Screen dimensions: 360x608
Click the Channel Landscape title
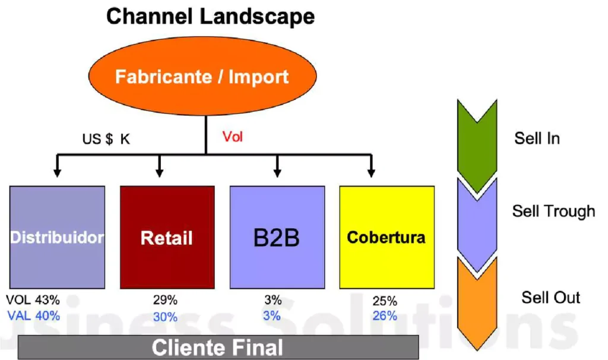210,16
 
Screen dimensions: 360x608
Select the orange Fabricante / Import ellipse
202,77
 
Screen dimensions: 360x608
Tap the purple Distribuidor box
57,237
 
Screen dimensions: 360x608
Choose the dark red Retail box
167,237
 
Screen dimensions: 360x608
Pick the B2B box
277,237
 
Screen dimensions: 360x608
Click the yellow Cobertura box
386,237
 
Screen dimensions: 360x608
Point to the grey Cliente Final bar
218,347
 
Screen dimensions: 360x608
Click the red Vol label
233,137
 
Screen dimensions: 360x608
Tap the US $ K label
106,141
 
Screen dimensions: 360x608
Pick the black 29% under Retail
164,301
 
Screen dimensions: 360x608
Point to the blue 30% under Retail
164,317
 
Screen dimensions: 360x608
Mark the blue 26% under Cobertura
385,316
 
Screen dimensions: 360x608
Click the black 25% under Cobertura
385,301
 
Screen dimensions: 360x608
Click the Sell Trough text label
553,211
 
